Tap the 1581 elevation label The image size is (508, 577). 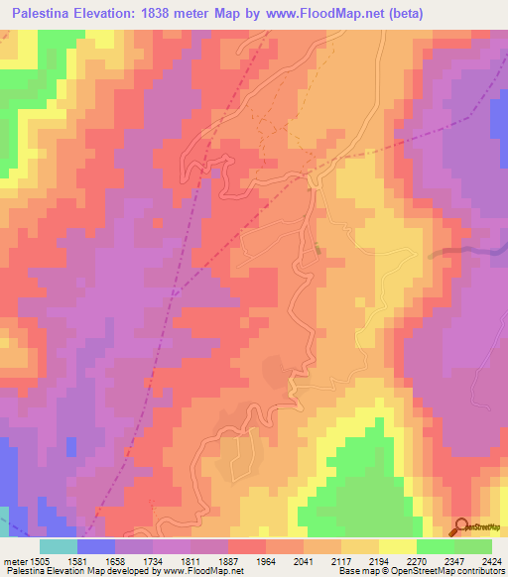click(x=96, y=561)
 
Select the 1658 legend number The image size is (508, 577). click(x=134, y=561)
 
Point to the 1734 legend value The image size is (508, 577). click(x=172, y=561)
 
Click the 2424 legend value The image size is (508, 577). click(x=494, y=561)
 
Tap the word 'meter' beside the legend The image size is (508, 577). click(x=14, y=561)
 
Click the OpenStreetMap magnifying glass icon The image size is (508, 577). click(x=462, y=527)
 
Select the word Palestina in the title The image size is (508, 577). click(x=48, y=13)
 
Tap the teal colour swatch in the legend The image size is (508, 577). click(x=59, y=546)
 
